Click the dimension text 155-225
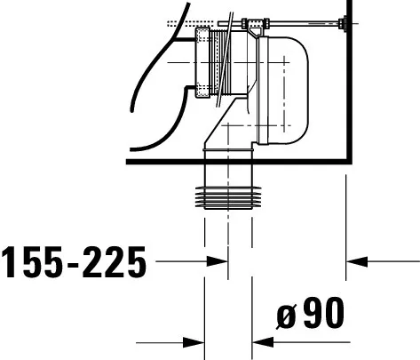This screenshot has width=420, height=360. click(74, 262)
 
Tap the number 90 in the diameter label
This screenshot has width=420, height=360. click(323, 313)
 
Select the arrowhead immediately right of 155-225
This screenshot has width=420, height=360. click(218, 261)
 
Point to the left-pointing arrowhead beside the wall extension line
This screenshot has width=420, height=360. click(357, 261)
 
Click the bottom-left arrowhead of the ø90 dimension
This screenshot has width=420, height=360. click(194, 343)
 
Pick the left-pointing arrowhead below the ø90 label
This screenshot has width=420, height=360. click(263, 342)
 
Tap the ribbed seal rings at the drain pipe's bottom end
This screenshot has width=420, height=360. click(228, 198)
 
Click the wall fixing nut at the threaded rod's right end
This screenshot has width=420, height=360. click(343, 23)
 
